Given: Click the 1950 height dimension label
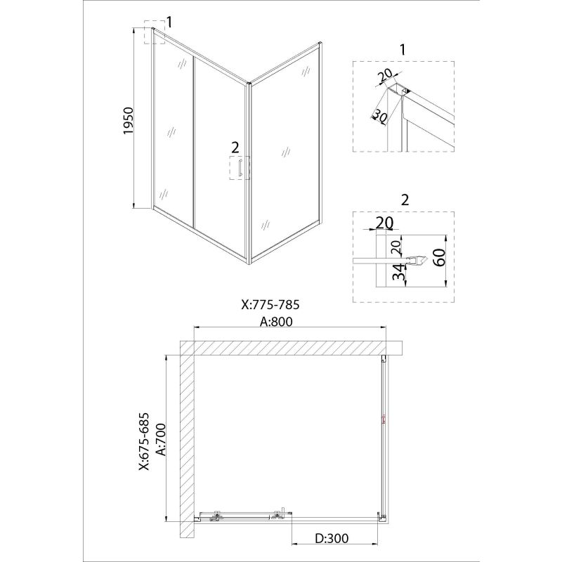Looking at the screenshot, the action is (129, 121).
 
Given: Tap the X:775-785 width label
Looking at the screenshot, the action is (270, 305).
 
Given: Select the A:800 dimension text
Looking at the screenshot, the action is (276, 322).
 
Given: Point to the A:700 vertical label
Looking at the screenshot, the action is (162, 440).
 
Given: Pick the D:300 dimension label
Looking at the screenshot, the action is (332, 537).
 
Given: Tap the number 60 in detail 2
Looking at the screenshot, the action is (440, 257).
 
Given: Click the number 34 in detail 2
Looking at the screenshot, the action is (398, 272).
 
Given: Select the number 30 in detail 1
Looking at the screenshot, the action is (380, 116).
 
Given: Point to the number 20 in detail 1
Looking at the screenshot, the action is (386, 75).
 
